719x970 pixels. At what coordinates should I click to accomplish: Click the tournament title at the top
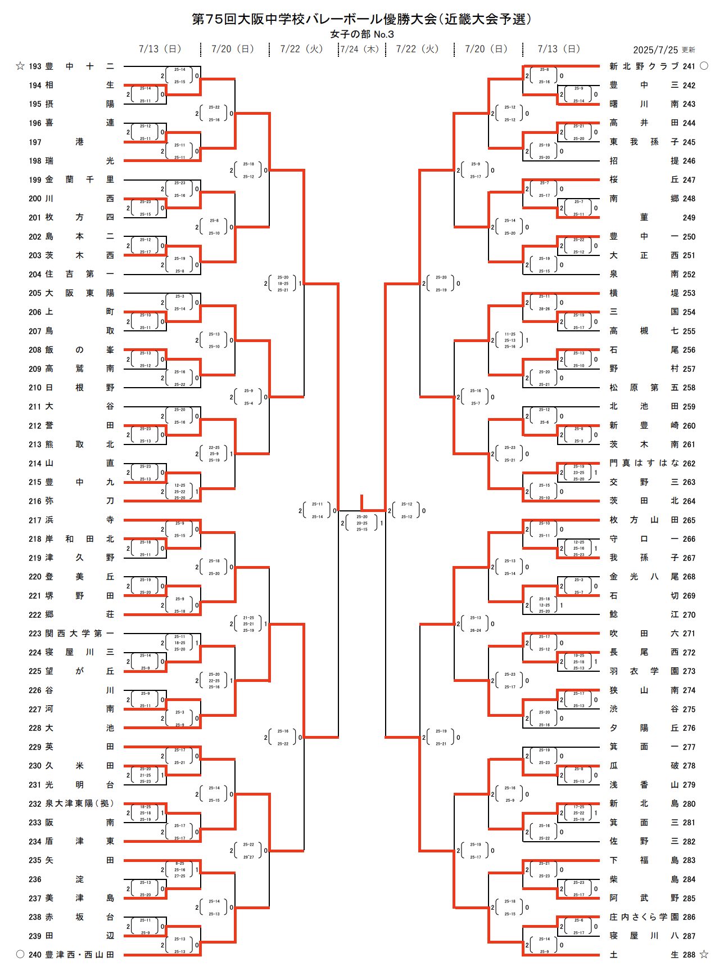(361, 19)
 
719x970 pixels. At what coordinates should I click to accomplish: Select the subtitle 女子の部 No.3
(361, 34)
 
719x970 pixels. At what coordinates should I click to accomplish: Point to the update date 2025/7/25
(655, 50)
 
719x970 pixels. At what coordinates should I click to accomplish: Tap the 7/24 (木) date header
(360, 49)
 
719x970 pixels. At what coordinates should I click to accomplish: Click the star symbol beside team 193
(20, 66)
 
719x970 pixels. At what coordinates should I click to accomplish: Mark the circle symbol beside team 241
(704, 66)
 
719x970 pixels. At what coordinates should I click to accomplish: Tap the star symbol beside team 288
(704, 954)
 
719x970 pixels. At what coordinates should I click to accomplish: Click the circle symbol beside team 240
(20, 954)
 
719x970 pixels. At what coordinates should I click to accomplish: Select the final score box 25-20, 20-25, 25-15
(362, 523)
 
